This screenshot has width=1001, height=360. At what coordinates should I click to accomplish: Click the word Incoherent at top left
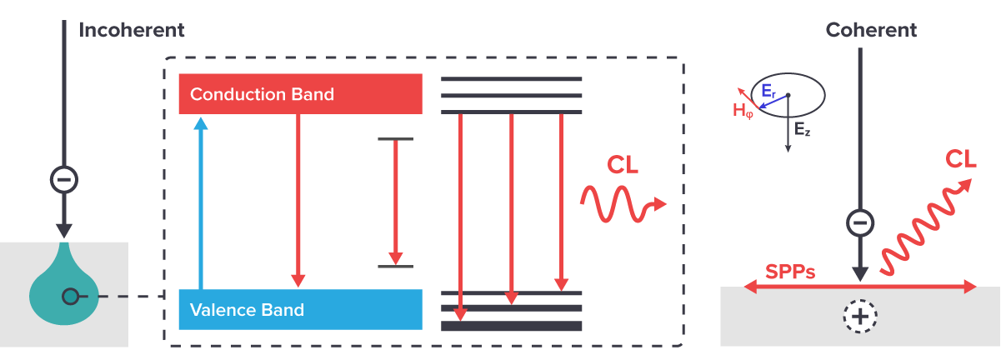132,31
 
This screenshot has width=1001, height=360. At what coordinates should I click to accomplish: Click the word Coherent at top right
871,31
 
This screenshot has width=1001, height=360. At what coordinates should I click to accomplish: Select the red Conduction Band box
300,94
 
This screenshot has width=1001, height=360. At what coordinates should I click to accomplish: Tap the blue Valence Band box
300,310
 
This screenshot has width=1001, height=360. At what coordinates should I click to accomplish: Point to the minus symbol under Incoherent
64,179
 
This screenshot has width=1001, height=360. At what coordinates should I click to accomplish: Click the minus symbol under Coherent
860,222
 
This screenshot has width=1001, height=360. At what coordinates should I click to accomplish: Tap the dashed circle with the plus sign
859,317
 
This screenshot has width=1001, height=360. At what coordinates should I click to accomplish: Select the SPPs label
790,272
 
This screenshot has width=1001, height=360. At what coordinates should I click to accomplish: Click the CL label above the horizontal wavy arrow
623,165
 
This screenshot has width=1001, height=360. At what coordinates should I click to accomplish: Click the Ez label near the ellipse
802,130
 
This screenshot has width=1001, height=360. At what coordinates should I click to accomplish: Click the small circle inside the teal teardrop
71,296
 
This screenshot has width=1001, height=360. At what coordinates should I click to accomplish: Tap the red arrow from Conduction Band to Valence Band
298,200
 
